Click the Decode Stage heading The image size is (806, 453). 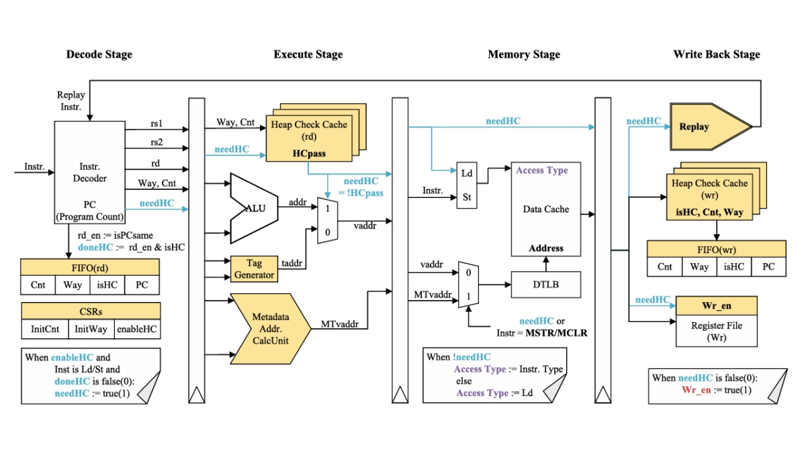99,54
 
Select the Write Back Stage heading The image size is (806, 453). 717,54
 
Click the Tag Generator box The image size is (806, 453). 254,270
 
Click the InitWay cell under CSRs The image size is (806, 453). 91,330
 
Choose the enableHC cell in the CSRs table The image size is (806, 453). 137,330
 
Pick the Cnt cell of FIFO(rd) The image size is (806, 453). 38,285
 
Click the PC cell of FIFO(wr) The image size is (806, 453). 768,266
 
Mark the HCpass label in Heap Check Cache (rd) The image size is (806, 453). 309,154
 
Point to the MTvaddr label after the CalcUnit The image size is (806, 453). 341,324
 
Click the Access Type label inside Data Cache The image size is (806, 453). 541,170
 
